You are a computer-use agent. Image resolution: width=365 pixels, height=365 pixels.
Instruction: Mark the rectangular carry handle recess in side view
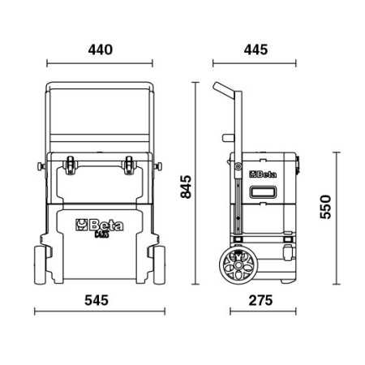[x=265, y=194]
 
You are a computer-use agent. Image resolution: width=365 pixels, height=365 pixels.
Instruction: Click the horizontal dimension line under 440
[x=100, y=63]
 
